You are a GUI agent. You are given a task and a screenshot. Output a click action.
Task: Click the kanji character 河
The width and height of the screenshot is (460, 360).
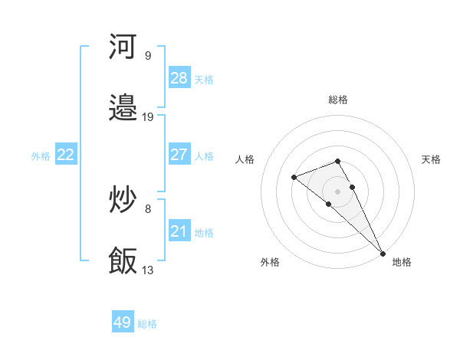pos(123,47)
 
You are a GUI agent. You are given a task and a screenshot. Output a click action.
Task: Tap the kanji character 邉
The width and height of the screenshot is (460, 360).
pos(123,108)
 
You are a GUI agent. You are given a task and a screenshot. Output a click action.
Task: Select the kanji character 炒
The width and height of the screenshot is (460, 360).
pos(123,200)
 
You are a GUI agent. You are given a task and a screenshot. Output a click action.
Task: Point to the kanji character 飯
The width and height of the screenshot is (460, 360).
pos(123,261)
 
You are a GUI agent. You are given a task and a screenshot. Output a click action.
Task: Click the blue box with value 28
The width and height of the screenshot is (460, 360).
pos(179,78)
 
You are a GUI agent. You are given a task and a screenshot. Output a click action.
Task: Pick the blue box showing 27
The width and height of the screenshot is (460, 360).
pos(179,155)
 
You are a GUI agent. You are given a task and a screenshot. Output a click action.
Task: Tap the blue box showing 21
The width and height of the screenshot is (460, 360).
pos(179,231)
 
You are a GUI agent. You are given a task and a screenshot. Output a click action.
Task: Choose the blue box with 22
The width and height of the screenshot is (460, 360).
pos(66,155)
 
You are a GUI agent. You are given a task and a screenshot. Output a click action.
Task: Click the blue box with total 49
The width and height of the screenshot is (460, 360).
pos(123,322)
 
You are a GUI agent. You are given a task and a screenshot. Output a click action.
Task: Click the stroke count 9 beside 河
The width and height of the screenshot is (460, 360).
pos(147,55)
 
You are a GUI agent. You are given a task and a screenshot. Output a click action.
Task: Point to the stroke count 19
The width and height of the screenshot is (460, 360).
pos(148,116)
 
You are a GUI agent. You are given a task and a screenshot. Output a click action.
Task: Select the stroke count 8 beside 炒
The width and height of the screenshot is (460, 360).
pos(147,208)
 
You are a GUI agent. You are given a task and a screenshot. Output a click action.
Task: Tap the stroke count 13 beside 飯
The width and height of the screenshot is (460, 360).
pos(148,270)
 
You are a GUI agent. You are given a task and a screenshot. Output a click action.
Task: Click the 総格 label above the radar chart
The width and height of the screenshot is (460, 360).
pos(338,100)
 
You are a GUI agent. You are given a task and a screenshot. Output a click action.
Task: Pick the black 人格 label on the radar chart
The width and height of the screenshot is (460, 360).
pos(246,159)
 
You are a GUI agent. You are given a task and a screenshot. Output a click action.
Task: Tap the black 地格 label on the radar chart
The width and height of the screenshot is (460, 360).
pos(402,262)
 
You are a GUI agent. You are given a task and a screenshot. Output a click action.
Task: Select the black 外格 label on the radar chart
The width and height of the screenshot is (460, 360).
pos(270,262)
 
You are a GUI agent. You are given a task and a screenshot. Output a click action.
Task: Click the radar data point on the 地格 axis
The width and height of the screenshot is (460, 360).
pos(383,253)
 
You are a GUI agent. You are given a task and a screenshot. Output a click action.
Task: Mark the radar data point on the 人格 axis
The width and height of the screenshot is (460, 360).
pos(294,178)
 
